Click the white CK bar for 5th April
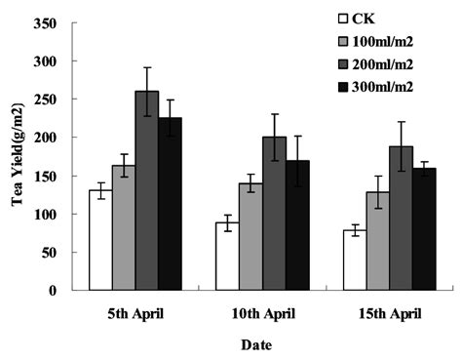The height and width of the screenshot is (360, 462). click(x=100, y=240)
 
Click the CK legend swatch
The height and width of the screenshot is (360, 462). click(x=343, y=18)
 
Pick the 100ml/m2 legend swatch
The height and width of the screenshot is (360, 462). click(x=343, y=40)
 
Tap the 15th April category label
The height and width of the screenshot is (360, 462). click(x=389, y=315)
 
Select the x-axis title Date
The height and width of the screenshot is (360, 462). click(x=257, y=345)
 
